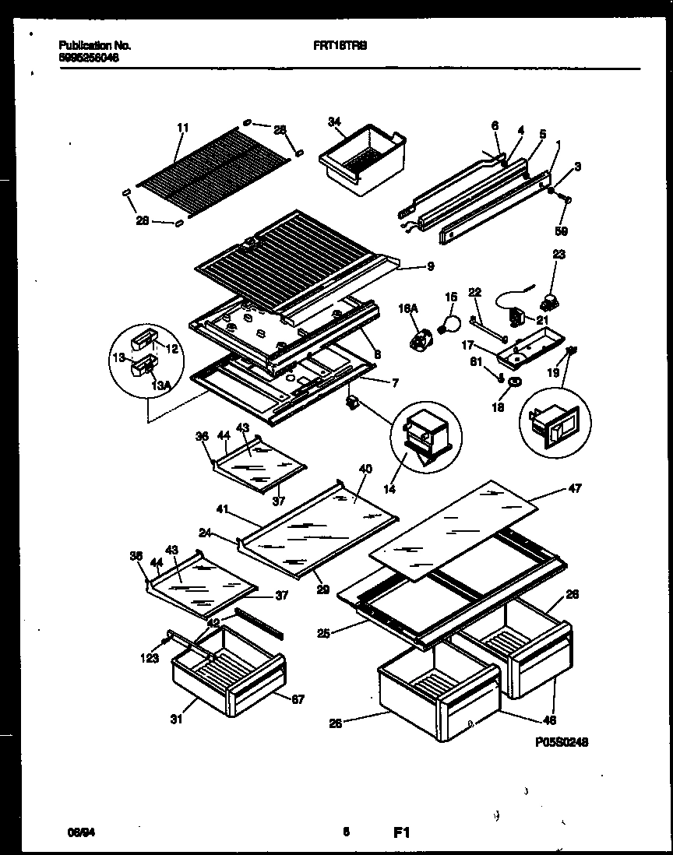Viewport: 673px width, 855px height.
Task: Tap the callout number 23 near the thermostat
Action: click(558, 254)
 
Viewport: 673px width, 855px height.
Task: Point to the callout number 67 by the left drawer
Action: click(298, 699)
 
